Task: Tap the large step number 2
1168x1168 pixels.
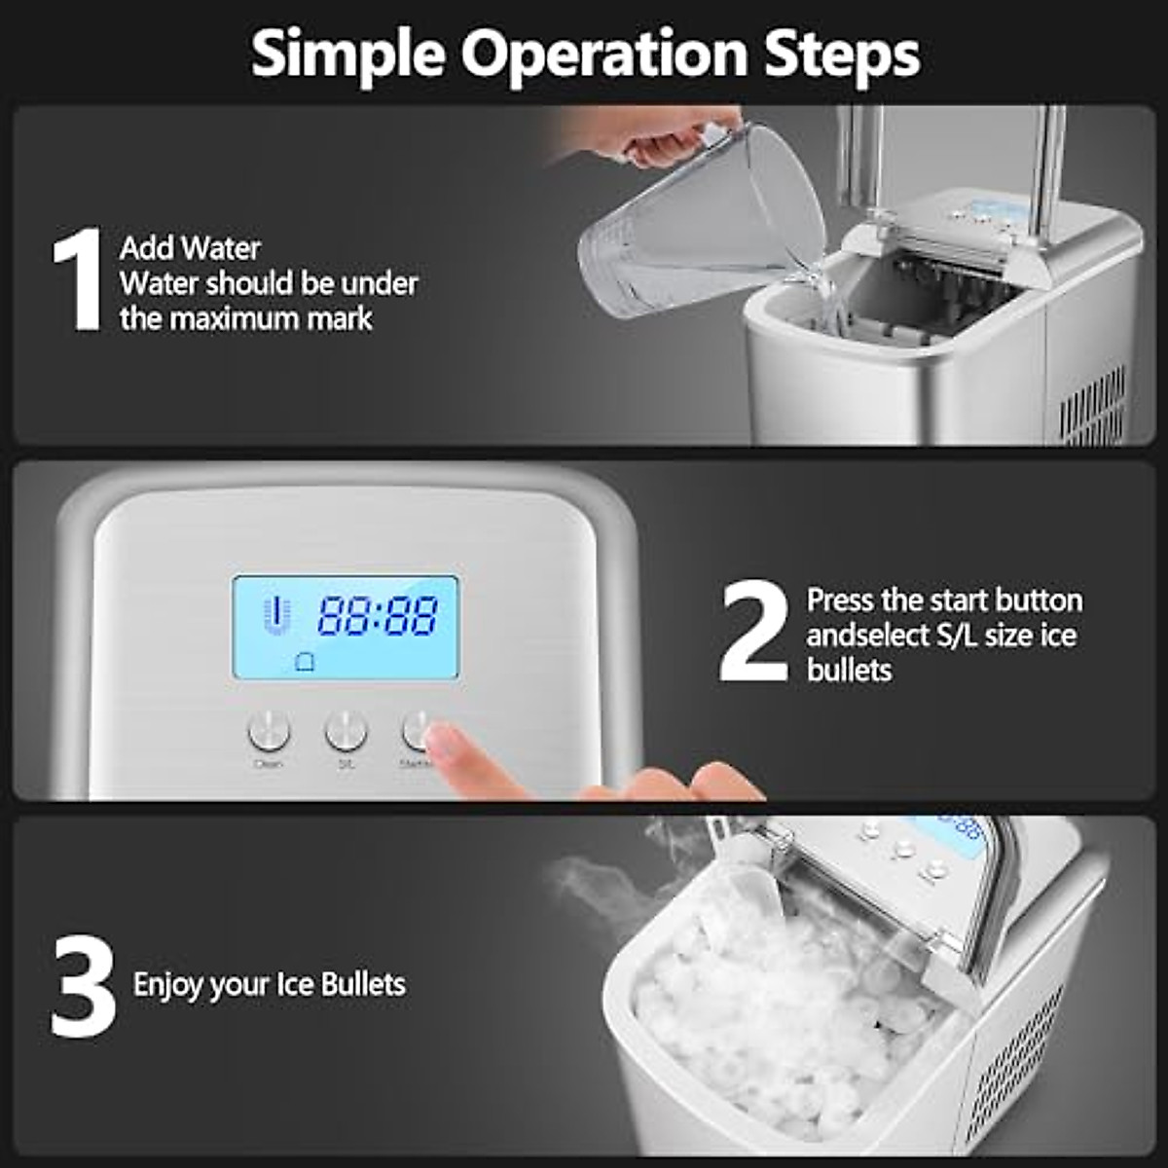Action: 752,632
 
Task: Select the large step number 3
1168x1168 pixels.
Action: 83,985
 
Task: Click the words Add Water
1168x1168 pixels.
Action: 190,248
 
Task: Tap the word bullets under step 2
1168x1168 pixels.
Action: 849,670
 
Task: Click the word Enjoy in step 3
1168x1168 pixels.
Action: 168,985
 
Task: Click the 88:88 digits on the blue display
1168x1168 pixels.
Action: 378,616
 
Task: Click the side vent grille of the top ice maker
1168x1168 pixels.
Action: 1091,404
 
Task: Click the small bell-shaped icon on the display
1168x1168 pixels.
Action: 305,663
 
